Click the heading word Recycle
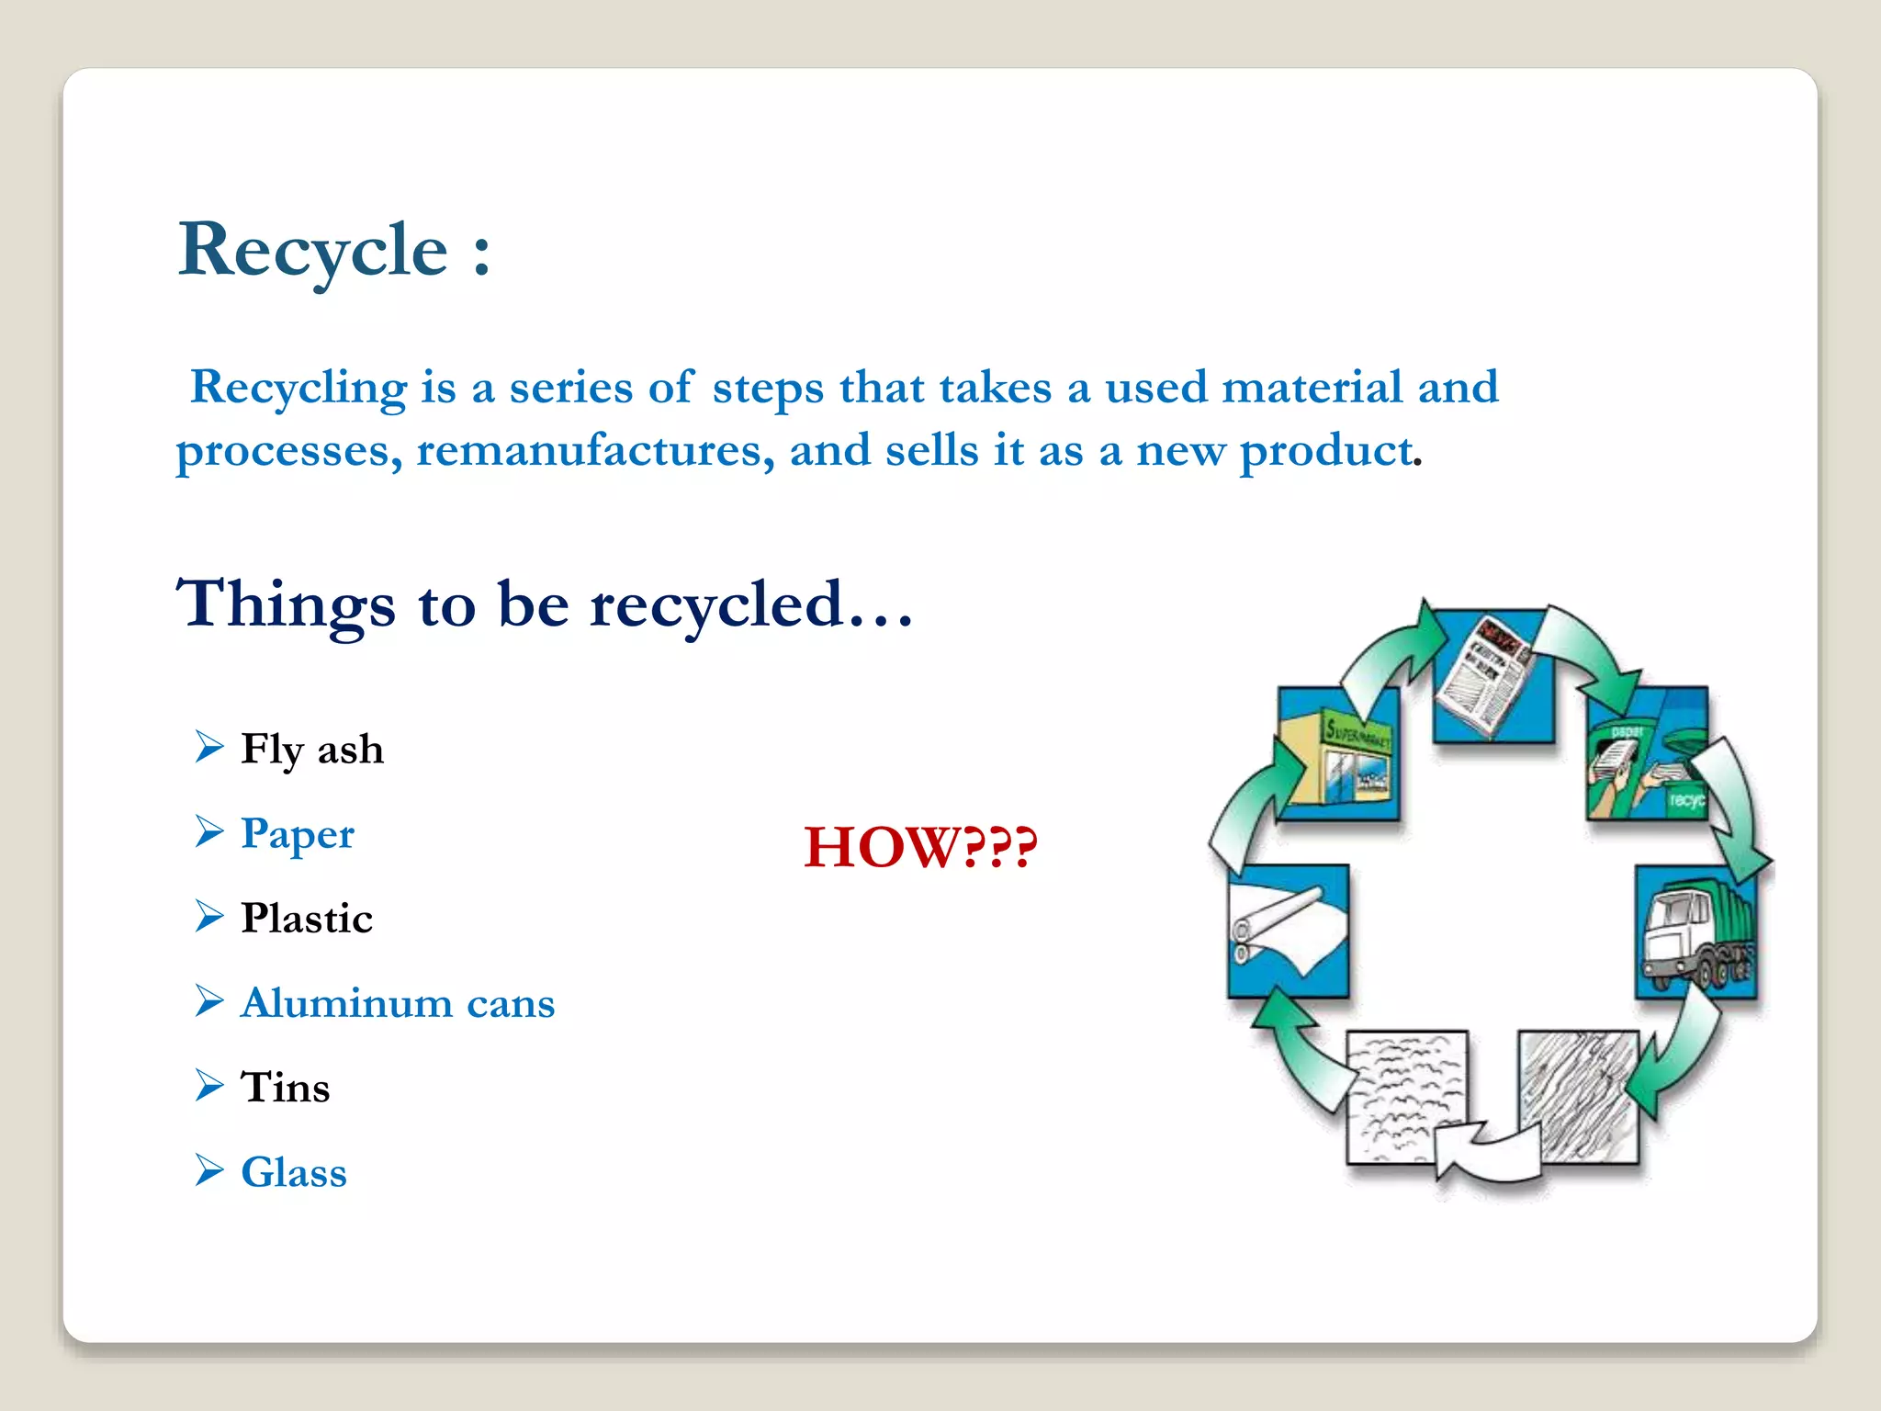[313, 251]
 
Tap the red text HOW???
[920, 847]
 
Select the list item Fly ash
[311, 749]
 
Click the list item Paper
[297, 834]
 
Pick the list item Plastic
[307, 919]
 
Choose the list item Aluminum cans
[398, 1003]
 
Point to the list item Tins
[285, 1088]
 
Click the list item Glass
[294, 1173]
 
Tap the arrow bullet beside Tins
[209, 1086]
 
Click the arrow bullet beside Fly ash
[209, 747]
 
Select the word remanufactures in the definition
[589, 451]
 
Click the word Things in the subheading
[286, 605]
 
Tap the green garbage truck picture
[1695, 932]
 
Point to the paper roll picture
[1287, 930]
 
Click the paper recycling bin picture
[1647, 753]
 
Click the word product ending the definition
[1326, 451]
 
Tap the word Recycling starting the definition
[298, 388]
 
